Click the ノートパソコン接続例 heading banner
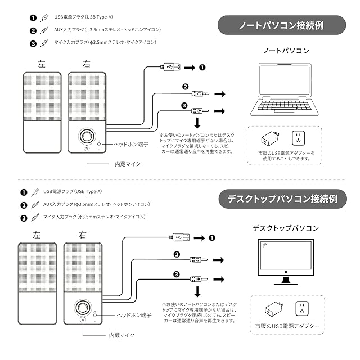pos(281,26)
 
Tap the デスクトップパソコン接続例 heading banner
pos(281,199)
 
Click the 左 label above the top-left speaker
pos(42,65)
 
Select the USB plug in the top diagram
pos(171,67)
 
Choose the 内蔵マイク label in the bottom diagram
pos(121,335)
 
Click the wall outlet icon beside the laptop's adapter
pos(298,138)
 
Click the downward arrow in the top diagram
pos(197,123)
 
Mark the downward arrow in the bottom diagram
pos(197,291)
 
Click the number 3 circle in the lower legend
pos(23,217)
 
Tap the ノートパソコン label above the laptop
pos(286,51)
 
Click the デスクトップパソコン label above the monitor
pos(286,228)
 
